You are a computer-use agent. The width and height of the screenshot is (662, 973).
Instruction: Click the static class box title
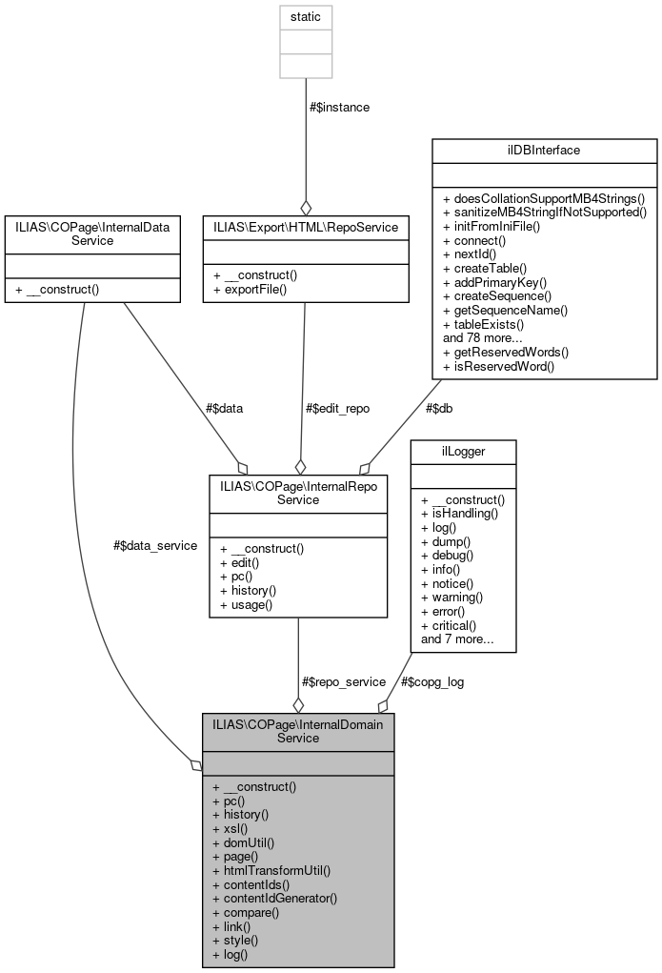[x=305, y=17]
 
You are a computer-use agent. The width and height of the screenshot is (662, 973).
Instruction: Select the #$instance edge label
[x=340, y=108]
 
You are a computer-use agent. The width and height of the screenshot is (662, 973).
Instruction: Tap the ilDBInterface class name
[x=544, y=151]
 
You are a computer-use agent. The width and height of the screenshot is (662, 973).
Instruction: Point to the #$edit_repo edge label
[x=337, y=408]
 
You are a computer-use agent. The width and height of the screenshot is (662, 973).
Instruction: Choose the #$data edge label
[x=224, y=408]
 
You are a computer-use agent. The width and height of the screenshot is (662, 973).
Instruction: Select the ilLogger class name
[x=462, y=452]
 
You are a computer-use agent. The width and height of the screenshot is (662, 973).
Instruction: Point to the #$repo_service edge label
[x=343, y=681]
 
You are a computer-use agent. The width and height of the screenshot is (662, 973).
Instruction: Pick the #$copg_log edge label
[x=432, y=681]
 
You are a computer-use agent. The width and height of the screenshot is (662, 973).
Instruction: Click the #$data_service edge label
[x=154, y=545]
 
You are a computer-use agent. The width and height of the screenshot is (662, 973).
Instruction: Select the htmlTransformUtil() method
[x=271, y=870]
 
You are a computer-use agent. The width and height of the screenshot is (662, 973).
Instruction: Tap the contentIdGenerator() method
[x=275, y=898]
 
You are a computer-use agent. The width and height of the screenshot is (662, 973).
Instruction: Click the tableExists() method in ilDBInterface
[x=484, y=324]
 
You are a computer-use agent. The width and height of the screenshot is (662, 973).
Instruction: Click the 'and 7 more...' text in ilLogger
[x=456, y=639]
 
